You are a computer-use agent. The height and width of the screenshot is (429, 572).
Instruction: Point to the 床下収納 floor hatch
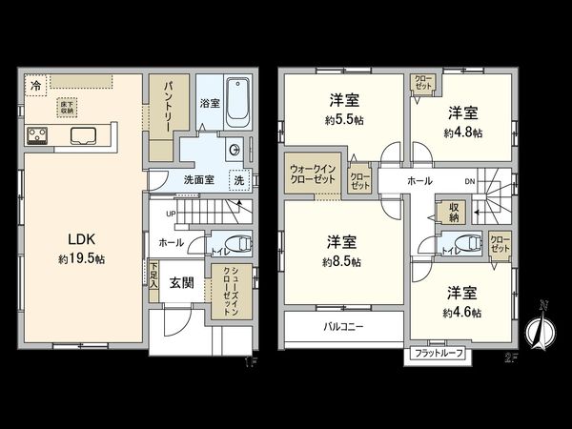coord(67,107)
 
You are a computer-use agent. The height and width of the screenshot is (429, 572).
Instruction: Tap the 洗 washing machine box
coord(239,180)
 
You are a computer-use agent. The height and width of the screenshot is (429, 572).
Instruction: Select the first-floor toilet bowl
coord(239,243)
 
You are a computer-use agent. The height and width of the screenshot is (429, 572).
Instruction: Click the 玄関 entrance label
coord(183,283)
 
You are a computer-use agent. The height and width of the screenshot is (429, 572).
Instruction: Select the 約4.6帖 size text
coord(461,312)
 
